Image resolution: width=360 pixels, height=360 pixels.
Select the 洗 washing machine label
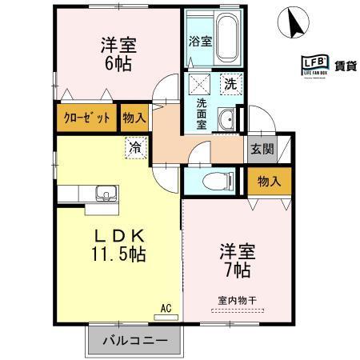pyautogui.click(x=230, y=82)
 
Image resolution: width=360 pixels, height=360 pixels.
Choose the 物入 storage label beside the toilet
pyautogui.click(x=268, y=182)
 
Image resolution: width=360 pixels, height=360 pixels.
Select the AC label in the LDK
pyautogui.click(x=166, y=306)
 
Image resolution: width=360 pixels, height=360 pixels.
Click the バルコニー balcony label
pyautogui.click(x=134, y=341)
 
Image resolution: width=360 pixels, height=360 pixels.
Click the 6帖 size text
pyautogui.click(x=116, y=62)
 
